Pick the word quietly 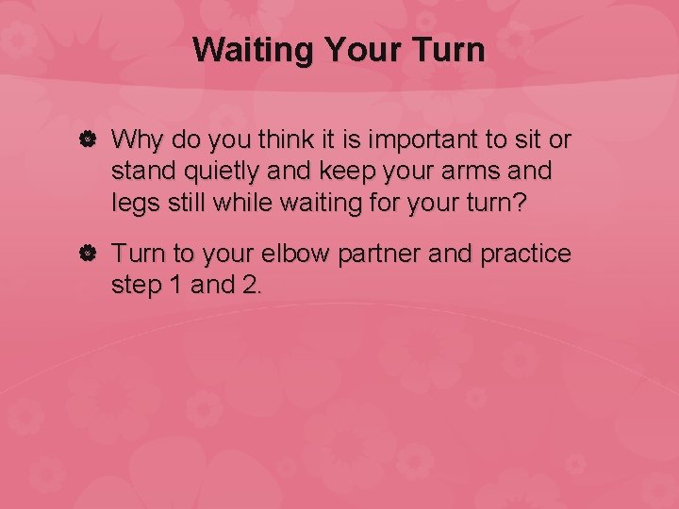(214, 173)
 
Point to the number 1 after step (174, 286)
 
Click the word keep (334, 173)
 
